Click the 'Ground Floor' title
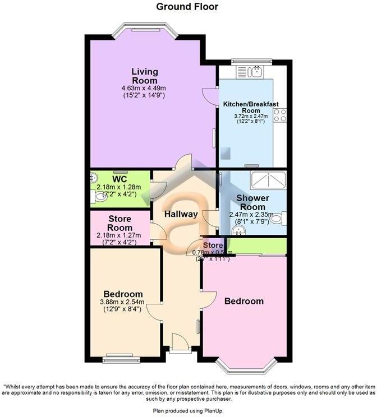coord(187,7)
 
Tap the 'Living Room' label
coord(145,76)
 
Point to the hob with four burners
coord(280,115)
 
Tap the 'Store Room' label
coord(120,223)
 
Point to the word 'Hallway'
coord(181,214)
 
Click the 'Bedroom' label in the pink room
coord(243,301)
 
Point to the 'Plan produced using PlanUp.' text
coord(188,411)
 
